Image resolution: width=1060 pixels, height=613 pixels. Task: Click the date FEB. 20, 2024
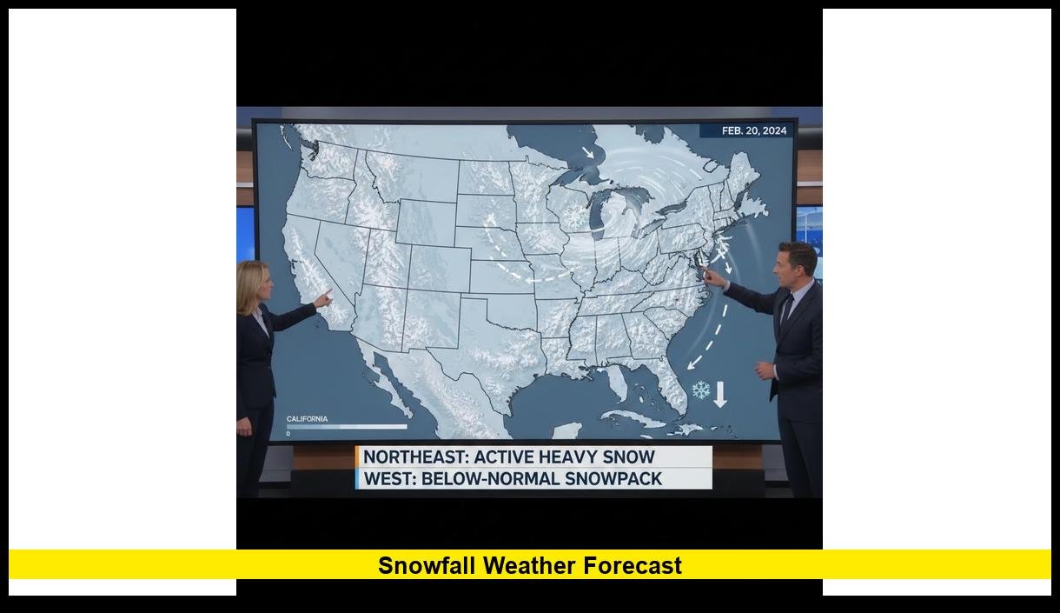click(x=753, y=131)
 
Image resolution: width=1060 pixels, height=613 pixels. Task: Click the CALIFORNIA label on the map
click(x=308, y=419)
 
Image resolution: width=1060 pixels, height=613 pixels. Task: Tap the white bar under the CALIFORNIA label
click(x=348, y=427)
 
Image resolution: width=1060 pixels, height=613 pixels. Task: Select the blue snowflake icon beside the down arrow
click(x=700, y=390)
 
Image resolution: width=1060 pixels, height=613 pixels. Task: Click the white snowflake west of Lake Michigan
click(x=574, y=217)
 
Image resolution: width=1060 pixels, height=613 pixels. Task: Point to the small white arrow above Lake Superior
click(x=589, y=154)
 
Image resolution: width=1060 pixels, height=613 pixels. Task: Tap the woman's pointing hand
click(x=323, y=298)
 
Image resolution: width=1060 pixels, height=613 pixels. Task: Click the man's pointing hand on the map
click(x=713, y=278)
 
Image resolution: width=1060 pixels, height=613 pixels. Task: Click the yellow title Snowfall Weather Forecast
click(x=530, y=566)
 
